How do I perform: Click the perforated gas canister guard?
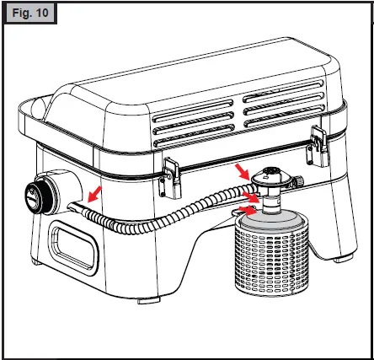270,253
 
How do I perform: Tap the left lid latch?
171,172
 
